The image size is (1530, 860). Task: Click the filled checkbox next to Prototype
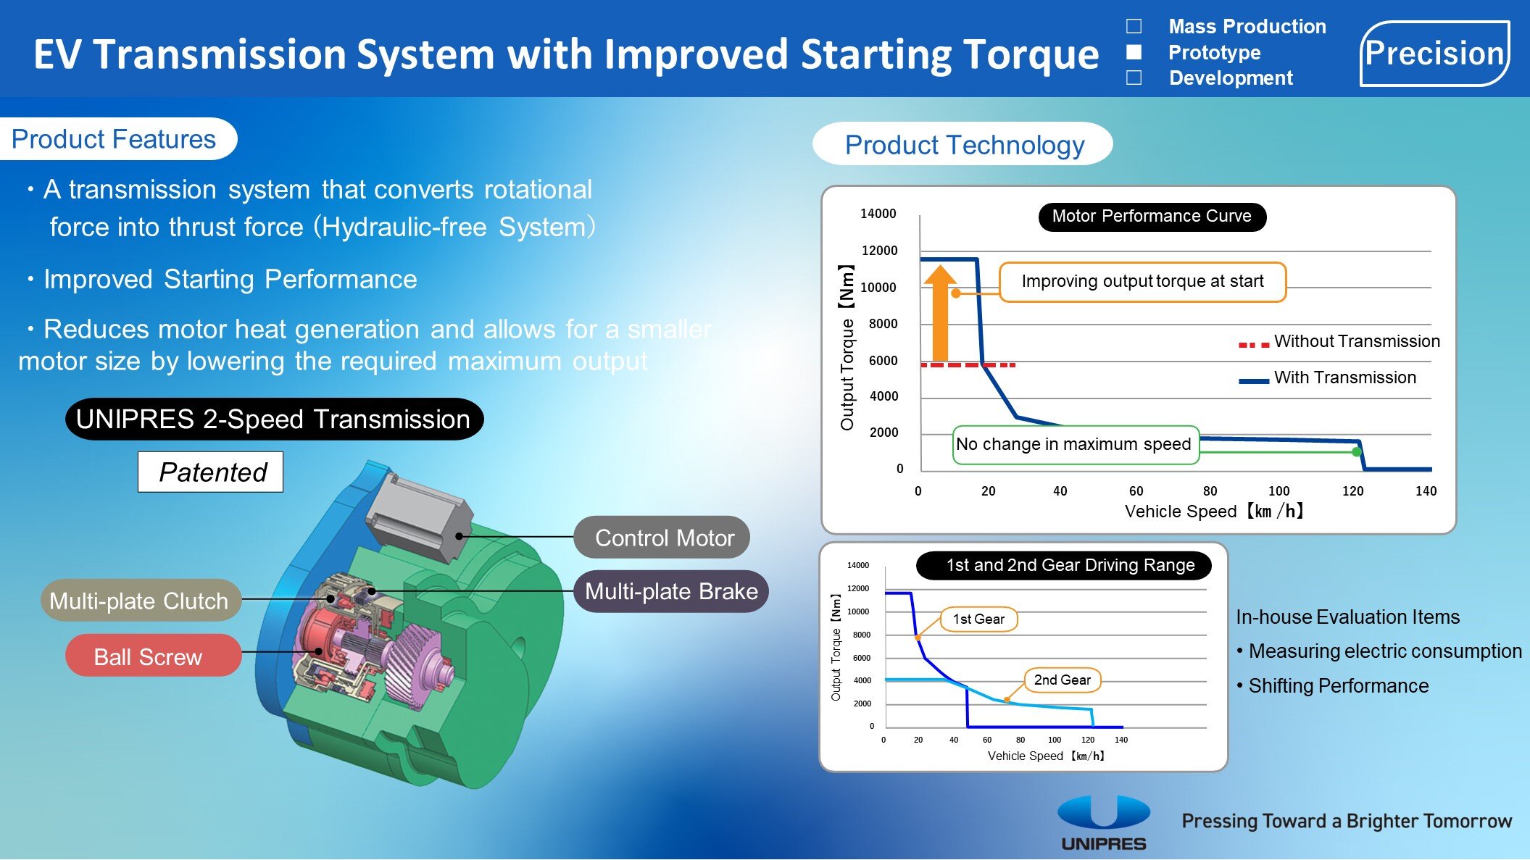pos(1134,52)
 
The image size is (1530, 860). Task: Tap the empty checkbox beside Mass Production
pos(1134,27)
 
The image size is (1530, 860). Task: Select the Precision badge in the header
pos(1434,54)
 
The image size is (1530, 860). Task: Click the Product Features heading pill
pos(115,139)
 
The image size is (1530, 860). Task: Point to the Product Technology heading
pos(964,145)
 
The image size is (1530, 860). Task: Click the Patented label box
pos(211,472)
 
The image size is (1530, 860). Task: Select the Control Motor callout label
pos(662,538)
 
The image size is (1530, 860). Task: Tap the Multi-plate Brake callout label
pos(671,591)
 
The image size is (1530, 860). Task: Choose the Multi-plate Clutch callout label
pos(139,601)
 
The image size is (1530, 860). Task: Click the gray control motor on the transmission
pos(417,515)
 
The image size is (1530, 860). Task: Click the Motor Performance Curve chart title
pos(1152,217)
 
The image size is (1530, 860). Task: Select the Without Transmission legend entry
pos(1339,342)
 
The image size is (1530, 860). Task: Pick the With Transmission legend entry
pos(1328,378)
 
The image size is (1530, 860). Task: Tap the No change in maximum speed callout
pos(1075,444)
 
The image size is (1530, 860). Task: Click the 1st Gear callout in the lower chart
pos(978,619)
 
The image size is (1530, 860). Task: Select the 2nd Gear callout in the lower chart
pos(1062,680)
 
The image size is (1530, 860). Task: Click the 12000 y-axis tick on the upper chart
pos(879,251)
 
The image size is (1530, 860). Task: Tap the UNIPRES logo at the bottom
pos(1103,822)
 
